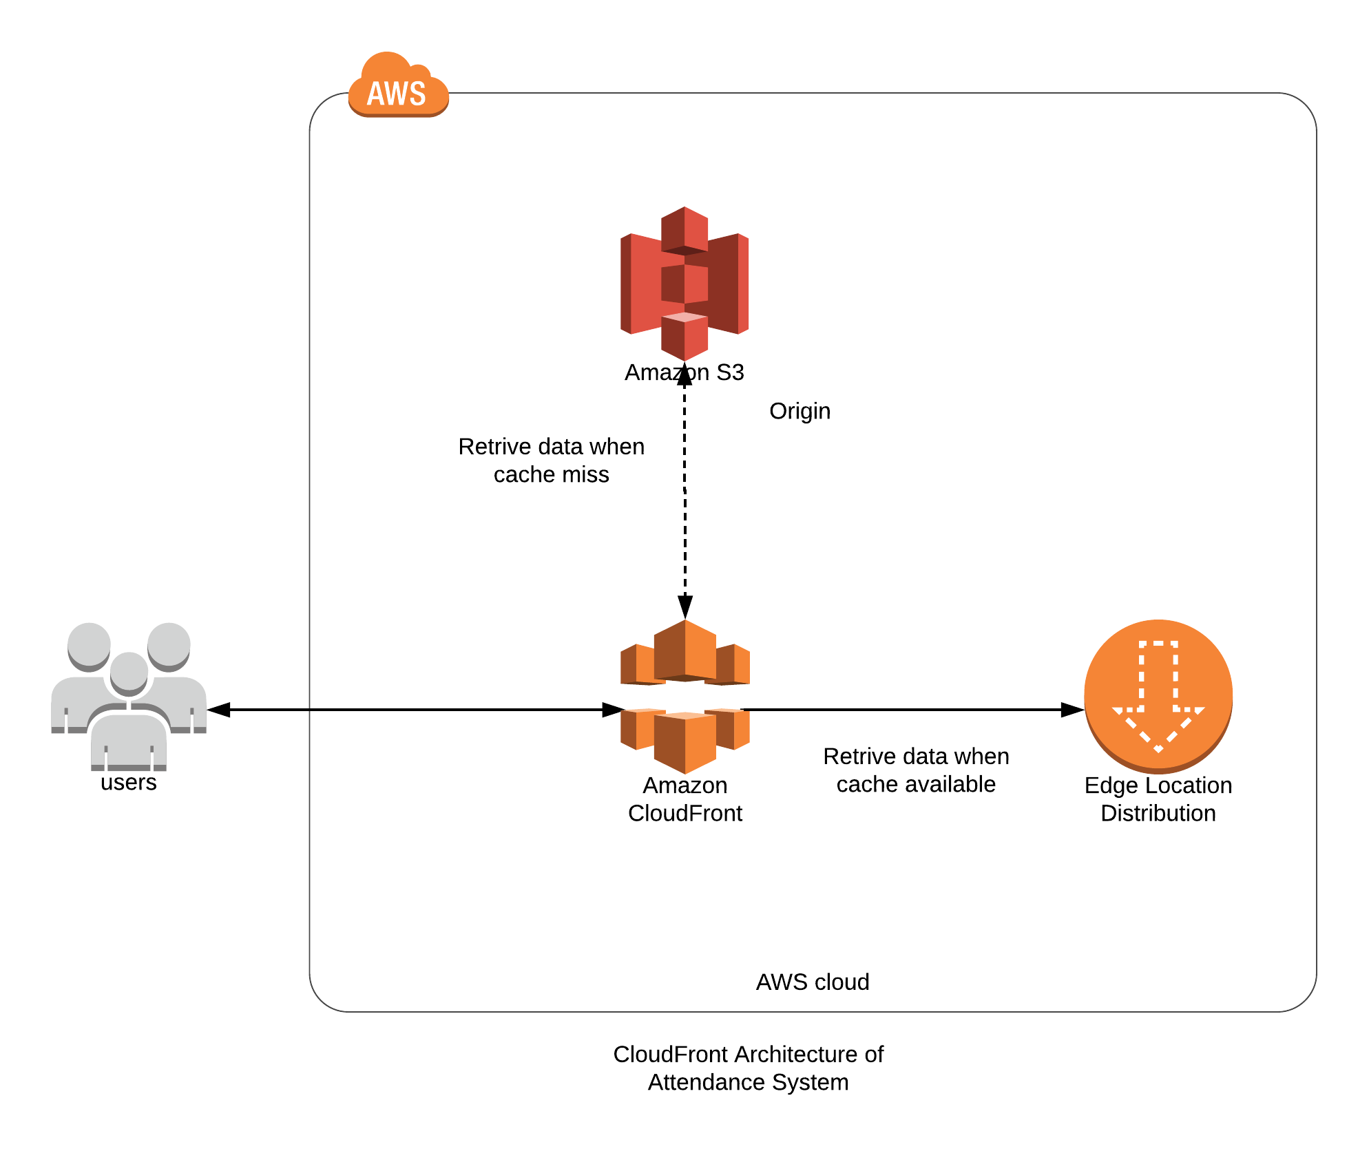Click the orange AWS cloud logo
pos(398,87)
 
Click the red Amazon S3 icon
pos(684,282)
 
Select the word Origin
pos(800,411)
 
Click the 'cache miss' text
pos(551,474)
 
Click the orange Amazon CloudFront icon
pos(684,695)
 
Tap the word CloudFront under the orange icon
pos(684,813)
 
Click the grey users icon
pos(129,695)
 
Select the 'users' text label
pos(129,783)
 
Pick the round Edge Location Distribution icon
pos(1158,695)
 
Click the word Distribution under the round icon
pos(1158,813)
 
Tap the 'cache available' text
pos(916,784)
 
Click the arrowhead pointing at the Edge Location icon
pos(1072,710)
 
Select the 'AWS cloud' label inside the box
pos(813,982)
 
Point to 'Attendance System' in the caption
pos(748,1082)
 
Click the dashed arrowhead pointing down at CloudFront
pos(685,606)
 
